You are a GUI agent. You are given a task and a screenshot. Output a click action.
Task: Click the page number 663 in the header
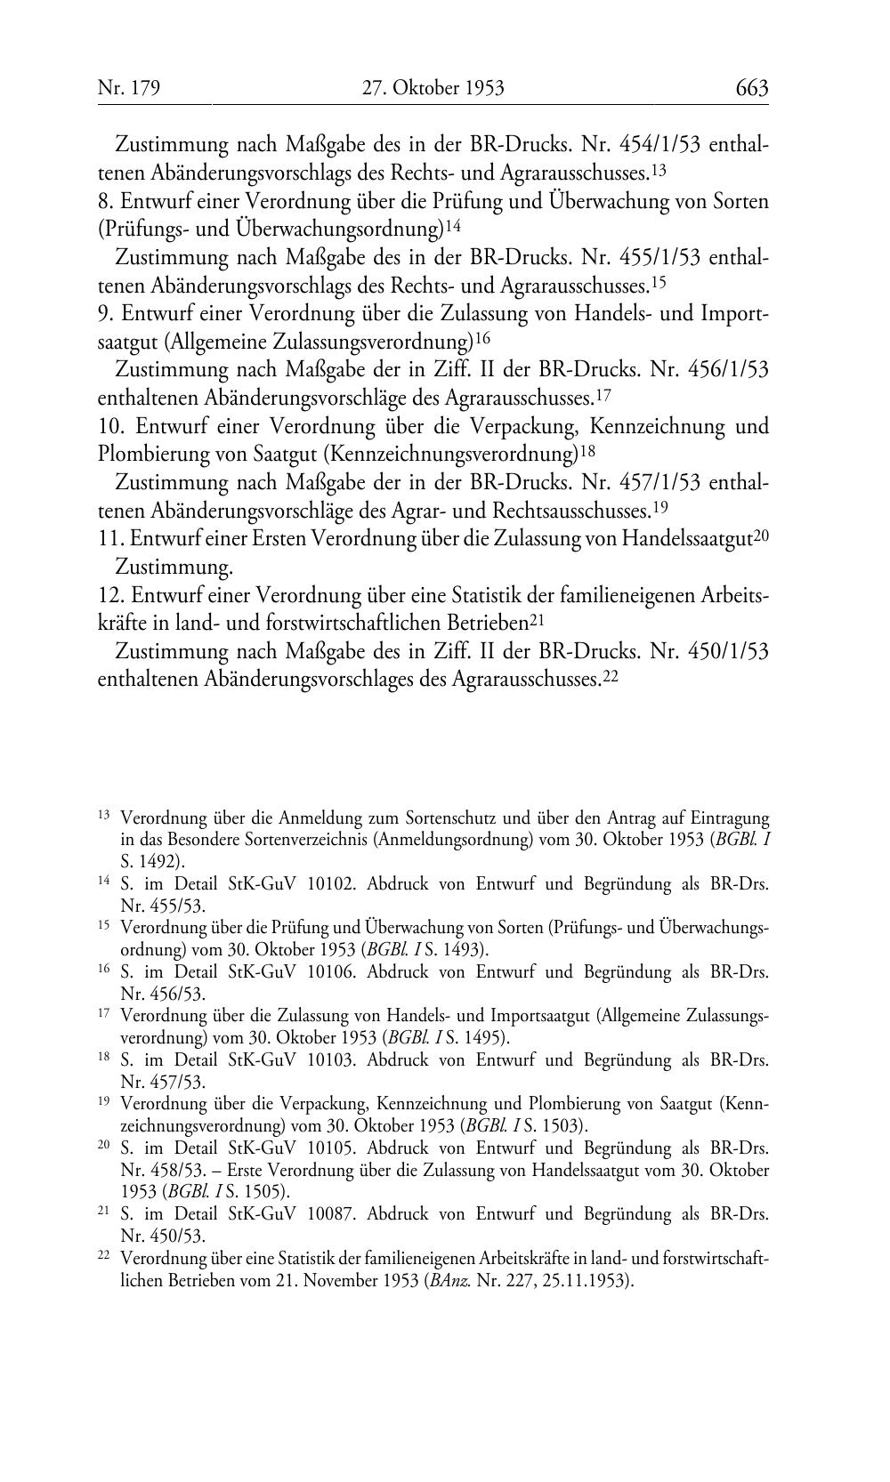(751, 88)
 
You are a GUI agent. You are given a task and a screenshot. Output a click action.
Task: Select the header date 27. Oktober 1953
(433, 88)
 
